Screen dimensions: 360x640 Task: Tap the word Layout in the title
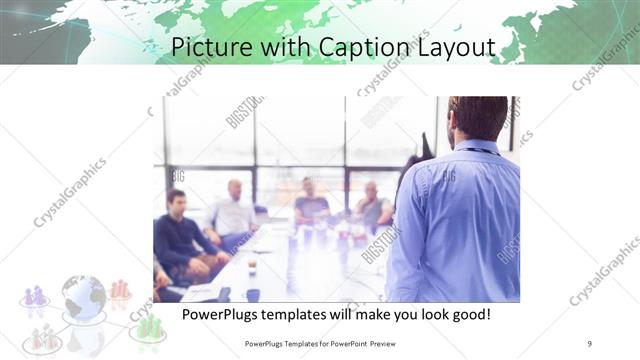[447, 47]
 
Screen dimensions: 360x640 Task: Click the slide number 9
[590, 344]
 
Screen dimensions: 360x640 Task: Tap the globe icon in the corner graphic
[83, 297]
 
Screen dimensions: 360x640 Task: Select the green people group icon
[149, 326]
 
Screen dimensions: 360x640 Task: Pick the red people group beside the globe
[121, 290]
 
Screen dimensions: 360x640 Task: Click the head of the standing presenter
[478, 117]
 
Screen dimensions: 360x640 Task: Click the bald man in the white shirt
[234, 209]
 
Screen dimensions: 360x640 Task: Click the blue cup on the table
[253, 294]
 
